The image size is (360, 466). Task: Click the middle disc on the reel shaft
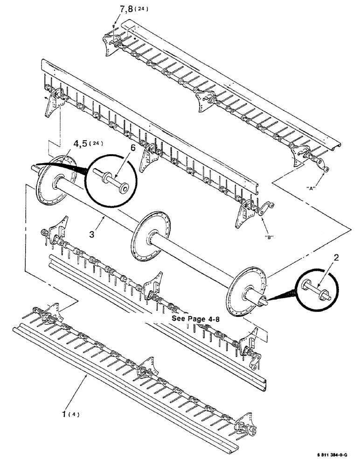coord(148,238)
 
